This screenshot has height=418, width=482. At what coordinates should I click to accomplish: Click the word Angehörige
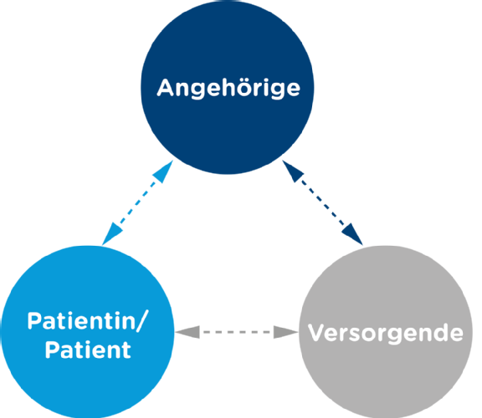228,89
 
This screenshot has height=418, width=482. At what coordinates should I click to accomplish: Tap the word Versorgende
386,333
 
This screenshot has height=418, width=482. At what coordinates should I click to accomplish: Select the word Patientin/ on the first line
88,321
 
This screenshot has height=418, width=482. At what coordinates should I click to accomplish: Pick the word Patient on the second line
88,349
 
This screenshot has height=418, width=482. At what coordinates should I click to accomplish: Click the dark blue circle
228,88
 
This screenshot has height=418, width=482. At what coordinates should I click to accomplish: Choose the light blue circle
88,332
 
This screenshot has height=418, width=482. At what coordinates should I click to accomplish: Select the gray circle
386,332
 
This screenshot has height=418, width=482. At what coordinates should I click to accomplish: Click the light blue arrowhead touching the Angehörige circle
164,171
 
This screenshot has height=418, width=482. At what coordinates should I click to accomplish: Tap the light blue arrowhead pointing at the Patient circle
111,234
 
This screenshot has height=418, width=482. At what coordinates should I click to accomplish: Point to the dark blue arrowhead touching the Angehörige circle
292,171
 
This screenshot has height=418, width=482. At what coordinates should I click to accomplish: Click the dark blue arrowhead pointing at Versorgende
353,234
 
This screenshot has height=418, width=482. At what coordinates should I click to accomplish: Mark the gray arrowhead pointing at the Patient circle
187,332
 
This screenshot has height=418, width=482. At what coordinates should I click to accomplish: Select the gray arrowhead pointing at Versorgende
286,332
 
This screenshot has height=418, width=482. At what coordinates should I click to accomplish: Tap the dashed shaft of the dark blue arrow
323,202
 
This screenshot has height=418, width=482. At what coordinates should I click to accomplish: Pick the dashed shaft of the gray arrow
237,332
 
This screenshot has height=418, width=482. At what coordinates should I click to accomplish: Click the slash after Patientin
142,321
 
